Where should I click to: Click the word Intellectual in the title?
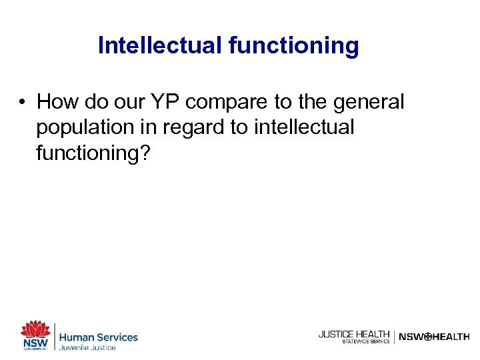[x=159, y=45]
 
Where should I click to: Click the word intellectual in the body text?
[x=303, y=127]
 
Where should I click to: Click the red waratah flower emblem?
[x=35, y=329]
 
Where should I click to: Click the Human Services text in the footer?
[x=99, y=337]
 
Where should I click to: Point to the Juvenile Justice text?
[x=88, y=347]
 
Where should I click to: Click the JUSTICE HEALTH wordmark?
[x=354, y=334]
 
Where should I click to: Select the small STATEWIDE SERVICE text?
[x=365, y=341]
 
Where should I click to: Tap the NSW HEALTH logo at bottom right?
[x=434, y=337]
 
